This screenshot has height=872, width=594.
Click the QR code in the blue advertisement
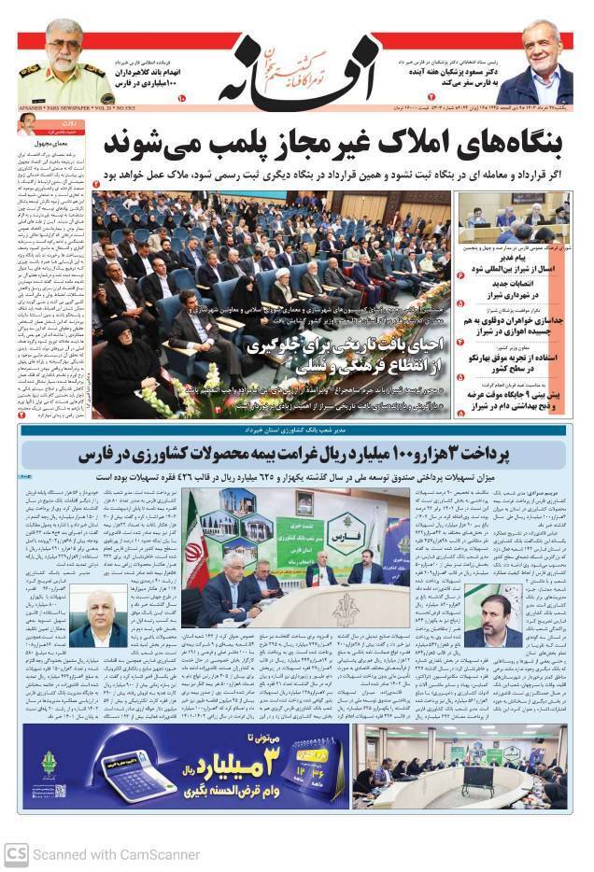(x=62, y=791)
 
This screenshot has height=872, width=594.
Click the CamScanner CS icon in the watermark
(x=15, y=853)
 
